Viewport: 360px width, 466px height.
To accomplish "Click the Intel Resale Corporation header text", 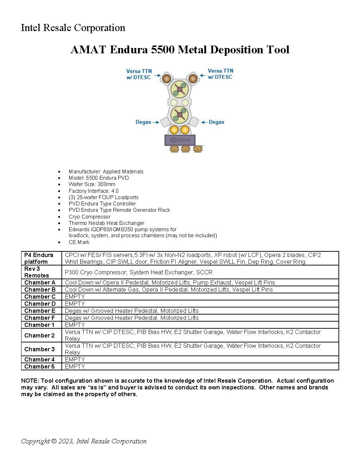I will [x=73, y=28].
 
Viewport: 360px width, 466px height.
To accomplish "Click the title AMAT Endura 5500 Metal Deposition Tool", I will [x=180, y=50].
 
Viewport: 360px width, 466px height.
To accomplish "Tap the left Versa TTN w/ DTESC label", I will [x=139, y=74].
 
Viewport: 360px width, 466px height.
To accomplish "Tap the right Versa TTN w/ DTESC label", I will [x=220, y=74].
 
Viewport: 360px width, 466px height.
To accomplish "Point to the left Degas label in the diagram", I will [x=143, y=122].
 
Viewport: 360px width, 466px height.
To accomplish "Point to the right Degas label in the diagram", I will [x=216, y=122].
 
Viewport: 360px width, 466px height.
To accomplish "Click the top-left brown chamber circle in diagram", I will [x=166, y=78].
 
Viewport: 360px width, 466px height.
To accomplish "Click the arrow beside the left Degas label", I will [x=156, y=122].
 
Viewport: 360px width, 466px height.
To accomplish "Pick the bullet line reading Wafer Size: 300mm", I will [x=92, y=184].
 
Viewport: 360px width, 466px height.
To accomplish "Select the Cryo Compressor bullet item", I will [x=89, y=217].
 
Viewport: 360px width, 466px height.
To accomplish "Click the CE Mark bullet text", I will [x=79, y=242].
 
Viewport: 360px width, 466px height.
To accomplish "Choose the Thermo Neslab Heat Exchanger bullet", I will [x=106, y=223].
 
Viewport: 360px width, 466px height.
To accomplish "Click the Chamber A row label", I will [x=40, y=282].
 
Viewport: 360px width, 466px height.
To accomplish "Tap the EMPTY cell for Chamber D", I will [x=75, y=304].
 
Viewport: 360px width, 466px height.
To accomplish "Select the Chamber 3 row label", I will [x=40, y=349].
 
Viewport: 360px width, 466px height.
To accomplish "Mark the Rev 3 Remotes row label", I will [x=37, y=272].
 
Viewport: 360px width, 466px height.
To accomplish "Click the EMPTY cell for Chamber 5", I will [x=75, y=366].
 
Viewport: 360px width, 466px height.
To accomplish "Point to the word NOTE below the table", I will [x=30, y=381].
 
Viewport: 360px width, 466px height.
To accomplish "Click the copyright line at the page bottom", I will [x=84, y=441].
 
